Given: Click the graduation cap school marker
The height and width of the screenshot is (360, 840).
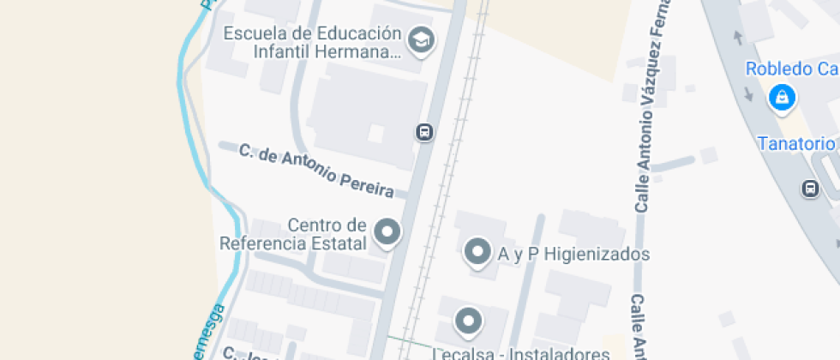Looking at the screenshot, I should coord(420,39).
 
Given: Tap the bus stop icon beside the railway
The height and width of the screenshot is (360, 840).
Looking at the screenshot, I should coord(423,132).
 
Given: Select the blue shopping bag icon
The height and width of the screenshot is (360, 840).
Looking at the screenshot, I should coord(782,99).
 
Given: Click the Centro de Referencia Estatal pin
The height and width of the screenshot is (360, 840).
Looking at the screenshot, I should coord(387,232).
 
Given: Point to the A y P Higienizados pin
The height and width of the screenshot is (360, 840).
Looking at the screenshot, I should coord(475,252).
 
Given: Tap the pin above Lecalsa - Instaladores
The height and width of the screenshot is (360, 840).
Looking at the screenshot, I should coord(467,321).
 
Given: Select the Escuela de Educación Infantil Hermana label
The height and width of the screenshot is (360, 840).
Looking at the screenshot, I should coord(312,43).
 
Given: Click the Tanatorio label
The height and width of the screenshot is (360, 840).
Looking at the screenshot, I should coord(796,143).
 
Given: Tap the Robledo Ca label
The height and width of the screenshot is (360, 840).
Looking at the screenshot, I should coord(790,69).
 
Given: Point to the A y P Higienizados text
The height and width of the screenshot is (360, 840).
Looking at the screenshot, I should coord(573,255).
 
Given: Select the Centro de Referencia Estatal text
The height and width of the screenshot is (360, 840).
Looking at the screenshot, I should coord(293,234).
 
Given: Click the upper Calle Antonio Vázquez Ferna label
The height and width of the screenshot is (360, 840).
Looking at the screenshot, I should coord(650,107).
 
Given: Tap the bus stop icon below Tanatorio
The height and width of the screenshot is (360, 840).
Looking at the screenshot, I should coord(809,188).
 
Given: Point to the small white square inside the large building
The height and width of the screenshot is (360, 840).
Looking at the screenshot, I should coord(375,133).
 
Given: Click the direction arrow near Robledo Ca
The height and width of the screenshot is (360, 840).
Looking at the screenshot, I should coord(737,38).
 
